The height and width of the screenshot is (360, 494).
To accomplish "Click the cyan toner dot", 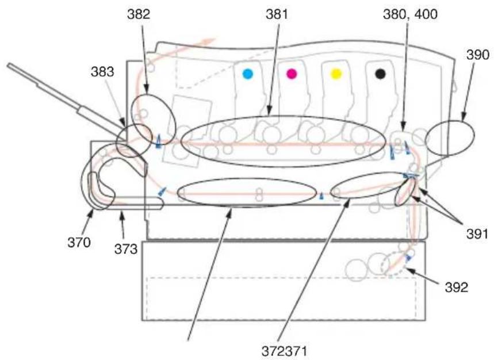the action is (248, 74).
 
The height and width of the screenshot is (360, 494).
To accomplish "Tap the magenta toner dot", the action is (292, 74).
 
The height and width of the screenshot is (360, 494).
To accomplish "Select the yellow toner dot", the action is (336, 74).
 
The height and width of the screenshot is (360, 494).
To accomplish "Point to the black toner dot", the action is (380, 74).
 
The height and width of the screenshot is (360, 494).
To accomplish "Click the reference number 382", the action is (139, 14).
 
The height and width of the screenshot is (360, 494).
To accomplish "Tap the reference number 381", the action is (277, 14).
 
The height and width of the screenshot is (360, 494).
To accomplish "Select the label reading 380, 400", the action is (410, 14).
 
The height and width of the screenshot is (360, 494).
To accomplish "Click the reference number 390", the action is (478, 55).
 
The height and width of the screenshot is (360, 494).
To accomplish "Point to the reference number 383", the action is (102, 72).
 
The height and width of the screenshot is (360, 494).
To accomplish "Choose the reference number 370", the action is (79, 243).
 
